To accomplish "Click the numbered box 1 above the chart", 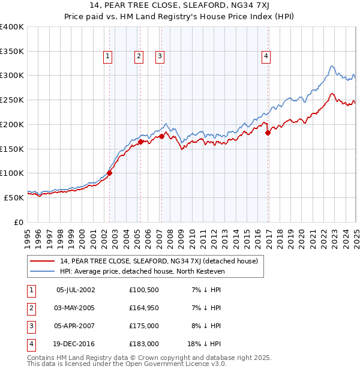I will tap(107, 56).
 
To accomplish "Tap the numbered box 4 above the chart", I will tap(265, 56).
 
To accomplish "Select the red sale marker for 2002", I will tap(109, 173).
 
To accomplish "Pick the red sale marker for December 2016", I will tap(268, 133).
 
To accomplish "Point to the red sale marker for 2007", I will tap(161, 137).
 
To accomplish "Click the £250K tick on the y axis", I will tap(12, 100).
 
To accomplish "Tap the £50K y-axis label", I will tap(14, 197).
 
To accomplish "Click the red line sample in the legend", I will tap(43, 261).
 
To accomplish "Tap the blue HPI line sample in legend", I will tap(43, 271).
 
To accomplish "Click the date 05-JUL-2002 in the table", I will tap(76, 290).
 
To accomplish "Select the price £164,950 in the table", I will tap(144, 308).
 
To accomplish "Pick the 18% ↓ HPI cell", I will tap(204, 344).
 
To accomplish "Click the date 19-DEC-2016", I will tap(76, 344).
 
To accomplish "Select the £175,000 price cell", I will tap(144, 326).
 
